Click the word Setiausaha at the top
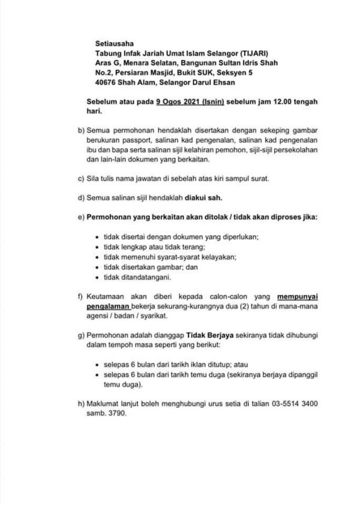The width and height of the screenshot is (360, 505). pos(111,43)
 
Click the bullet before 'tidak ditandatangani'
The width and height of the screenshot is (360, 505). pos(97,278)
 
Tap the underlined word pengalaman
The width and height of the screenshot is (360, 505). pos(108,306)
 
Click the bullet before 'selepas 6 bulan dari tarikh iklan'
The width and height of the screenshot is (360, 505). pos(97,365)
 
